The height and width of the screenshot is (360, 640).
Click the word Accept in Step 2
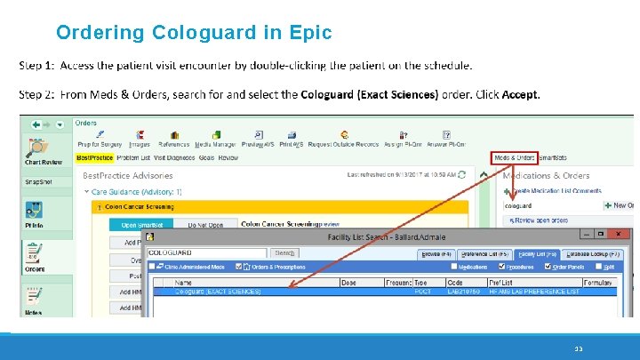click(520, 94)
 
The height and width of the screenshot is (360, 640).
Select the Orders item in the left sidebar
click(35, 257)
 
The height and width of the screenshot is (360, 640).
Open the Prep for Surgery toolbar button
click(100, 140)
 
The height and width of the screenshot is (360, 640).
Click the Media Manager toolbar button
click(215, 140)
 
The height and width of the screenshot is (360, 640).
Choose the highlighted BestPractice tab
click(95, 158)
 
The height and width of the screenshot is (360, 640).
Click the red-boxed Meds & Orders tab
click(515, 158)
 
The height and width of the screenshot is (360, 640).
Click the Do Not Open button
click(204, 225)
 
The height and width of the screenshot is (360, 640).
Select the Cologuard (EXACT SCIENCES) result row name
click(218, 292)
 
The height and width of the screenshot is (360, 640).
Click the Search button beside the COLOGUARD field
click(284, 253)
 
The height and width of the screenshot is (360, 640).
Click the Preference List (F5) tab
click(485, 253)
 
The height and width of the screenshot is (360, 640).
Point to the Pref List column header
click(502, 283)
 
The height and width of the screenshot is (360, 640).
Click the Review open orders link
click(540, 220)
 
